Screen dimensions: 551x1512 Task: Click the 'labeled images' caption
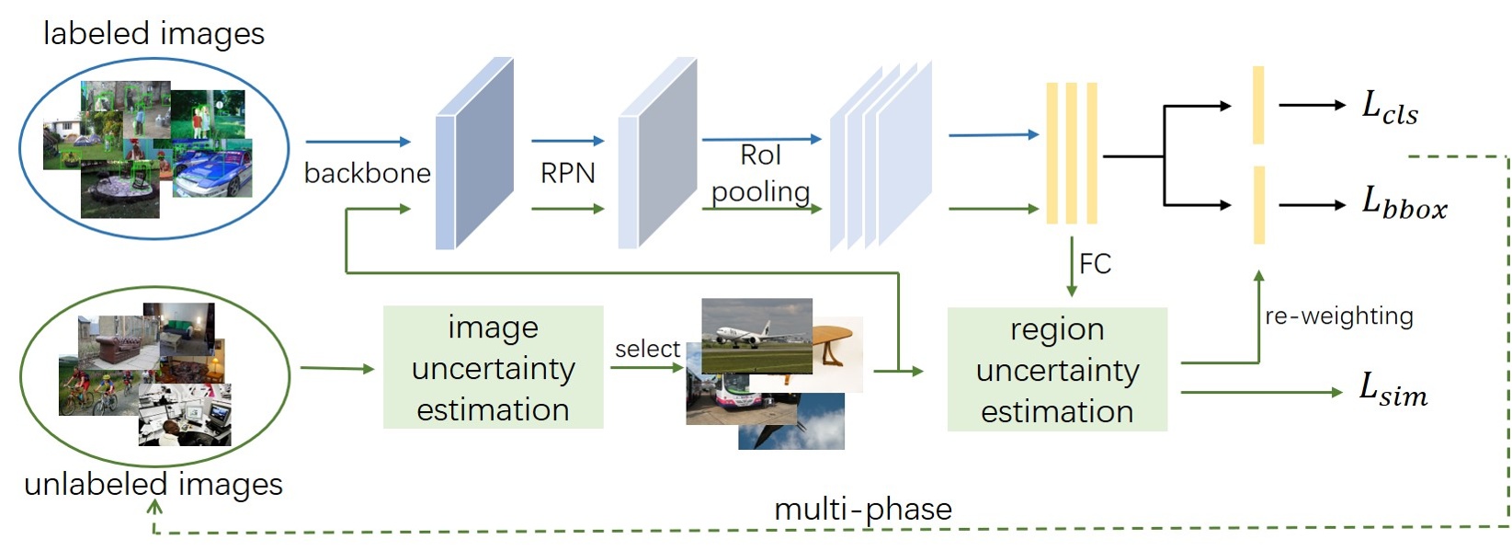pos(153,34)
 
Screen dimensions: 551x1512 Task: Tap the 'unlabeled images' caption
pos(153,485)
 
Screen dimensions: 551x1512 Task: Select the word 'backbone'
pos(367,173)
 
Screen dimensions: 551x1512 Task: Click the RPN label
pos(567,173)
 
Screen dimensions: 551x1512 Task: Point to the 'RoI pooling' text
pos(761,173)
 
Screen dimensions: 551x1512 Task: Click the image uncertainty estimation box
pos(493,368)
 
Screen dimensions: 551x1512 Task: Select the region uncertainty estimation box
pos(1057,370)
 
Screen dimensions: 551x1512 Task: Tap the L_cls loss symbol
pos(1389,109)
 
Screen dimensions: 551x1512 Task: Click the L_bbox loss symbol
pos(1404,203)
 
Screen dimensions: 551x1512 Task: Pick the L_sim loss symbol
pos(1393,390)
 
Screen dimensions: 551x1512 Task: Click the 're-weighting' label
pos(1338,316)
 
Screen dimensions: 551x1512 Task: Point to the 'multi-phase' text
pos(862,509)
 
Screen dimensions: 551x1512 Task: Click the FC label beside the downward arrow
pos(1095,265)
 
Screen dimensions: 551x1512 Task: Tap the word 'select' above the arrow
pos(647,350)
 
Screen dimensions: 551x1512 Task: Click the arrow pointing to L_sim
pos(1260,393)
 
